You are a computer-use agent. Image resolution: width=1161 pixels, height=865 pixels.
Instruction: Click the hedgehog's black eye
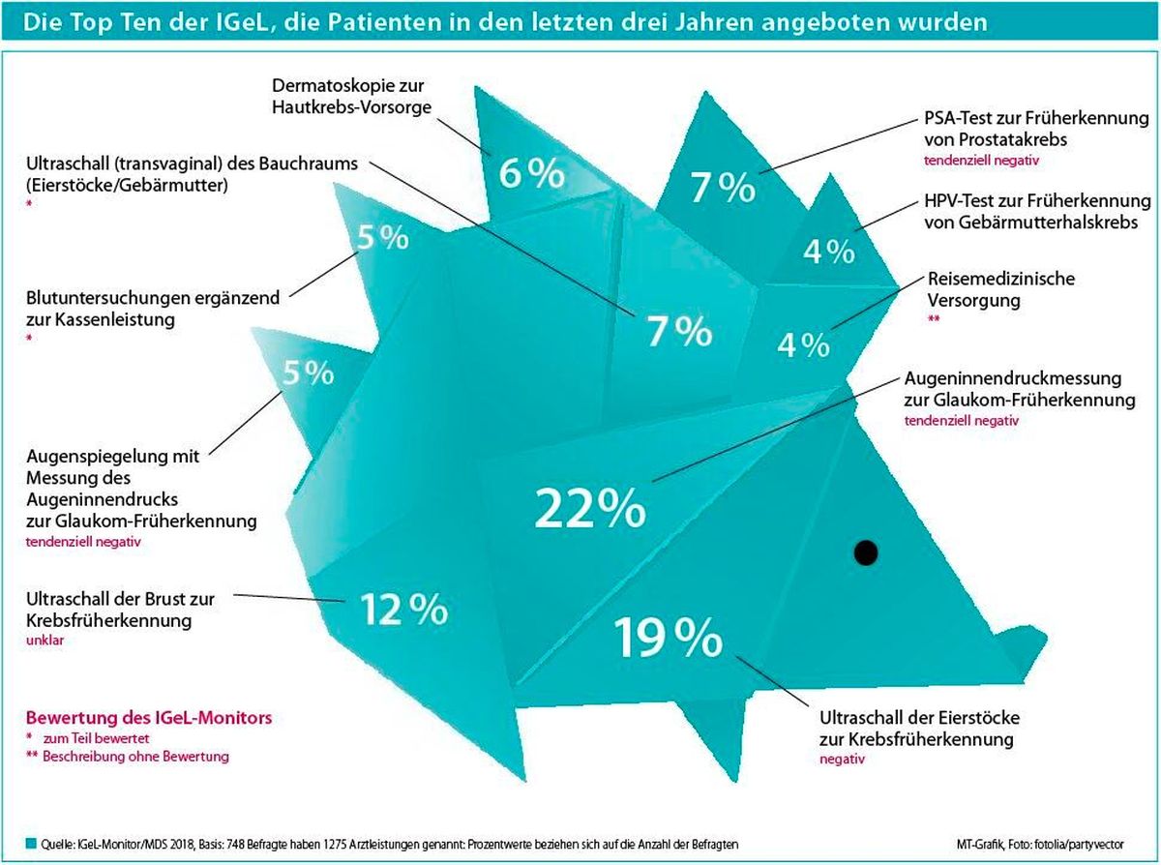[865, 552]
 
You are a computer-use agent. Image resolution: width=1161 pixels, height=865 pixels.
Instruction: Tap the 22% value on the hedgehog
[590, 508]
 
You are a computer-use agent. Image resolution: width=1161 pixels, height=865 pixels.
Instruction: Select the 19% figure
[668, 638]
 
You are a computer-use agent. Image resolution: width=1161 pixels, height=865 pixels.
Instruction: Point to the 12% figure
[403, 609]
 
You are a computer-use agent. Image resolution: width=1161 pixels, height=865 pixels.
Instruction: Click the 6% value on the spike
[531, 173]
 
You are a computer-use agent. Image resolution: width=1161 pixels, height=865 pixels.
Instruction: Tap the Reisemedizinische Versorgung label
[1000, 289]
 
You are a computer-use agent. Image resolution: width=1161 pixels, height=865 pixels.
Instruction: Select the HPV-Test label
[1037, 212]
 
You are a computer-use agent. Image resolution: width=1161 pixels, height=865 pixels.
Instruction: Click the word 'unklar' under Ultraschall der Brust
[45, 640]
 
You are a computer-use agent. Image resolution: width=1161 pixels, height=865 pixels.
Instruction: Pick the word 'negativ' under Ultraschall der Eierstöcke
[843, 759]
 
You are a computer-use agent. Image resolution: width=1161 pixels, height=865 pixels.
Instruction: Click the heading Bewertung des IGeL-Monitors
[149, 717]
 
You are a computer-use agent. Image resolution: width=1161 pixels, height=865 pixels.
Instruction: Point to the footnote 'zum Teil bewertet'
[97, 738]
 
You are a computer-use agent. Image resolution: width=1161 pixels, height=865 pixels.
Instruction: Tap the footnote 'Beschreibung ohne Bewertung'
[135, 757]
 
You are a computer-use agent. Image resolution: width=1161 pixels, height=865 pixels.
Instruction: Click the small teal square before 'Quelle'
[31, 844]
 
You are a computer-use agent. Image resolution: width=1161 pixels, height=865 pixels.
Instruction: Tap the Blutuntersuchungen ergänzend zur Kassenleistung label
[153, 309]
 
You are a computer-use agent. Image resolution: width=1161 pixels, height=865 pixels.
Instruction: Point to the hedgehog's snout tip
[1046, 638]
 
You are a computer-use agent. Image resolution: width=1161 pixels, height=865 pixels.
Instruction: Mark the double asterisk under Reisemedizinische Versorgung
[934, 317]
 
